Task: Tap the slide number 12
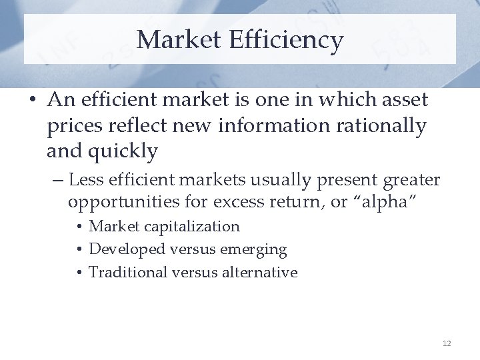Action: click(x=447, y=343)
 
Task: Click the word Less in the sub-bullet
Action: click(x=83, y=180)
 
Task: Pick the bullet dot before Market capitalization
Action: click(x=79, y=227)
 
